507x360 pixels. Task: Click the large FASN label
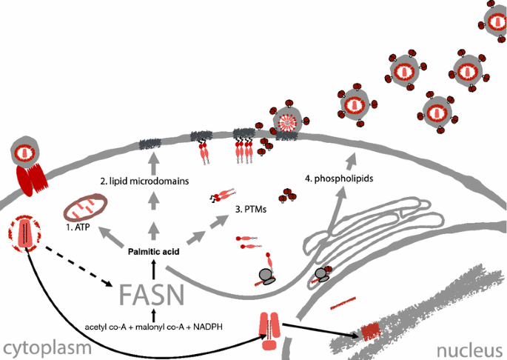coord(152,296)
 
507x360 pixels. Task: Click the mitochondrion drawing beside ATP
coord(84,204)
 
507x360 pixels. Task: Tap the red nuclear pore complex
coord(269,330)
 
